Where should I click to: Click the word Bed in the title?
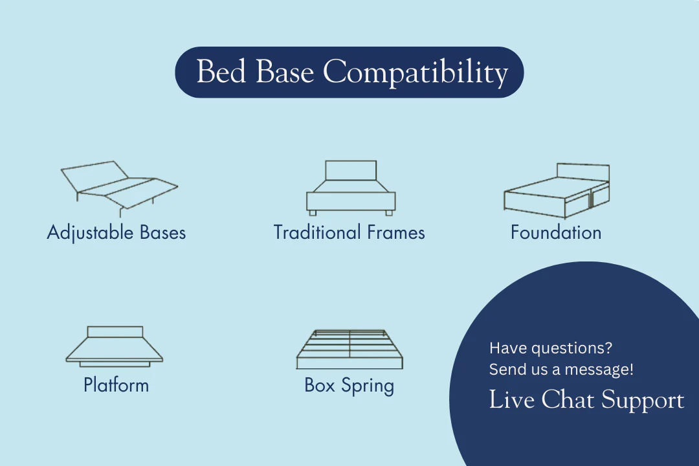[221, 71]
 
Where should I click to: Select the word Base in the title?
[285, 71]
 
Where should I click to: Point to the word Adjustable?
[91, 233]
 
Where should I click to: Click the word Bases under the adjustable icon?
[162, 232]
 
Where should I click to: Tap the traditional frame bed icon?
[351, 188]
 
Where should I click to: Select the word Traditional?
[317, 232]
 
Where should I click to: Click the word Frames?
[396, 232]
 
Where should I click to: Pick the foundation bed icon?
[557, 191]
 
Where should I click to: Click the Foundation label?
[556, 232]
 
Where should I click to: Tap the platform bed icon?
[115, 346]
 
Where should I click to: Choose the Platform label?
[116, 385]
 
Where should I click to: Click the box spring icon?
[350, 349]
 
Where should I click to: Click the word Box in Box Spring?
[320, 385]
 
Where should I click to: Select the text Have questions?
[551, 348]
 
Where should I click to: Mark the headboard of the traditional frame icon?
[351, 170]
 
